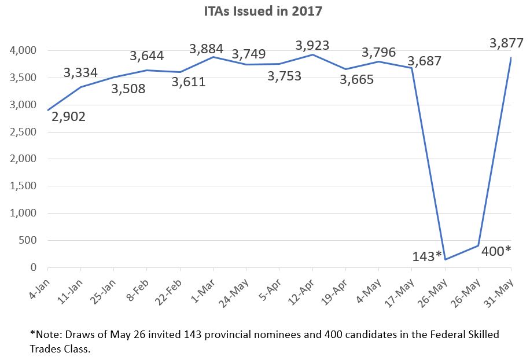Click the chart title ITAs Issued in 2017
click(x=265, y=11)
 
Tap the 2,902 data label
click(x=68, y=117)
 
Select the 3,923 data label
click(x=312, y=45)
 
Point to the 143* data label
click(x=427, y=256)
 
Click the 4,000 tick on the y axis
click(x=23, y=51)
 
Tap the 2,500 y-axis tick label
click(x=23, y=132)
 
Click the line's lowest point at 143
click(x=444, y=259)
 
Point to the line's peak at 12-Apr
click(x=312, y=55)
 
